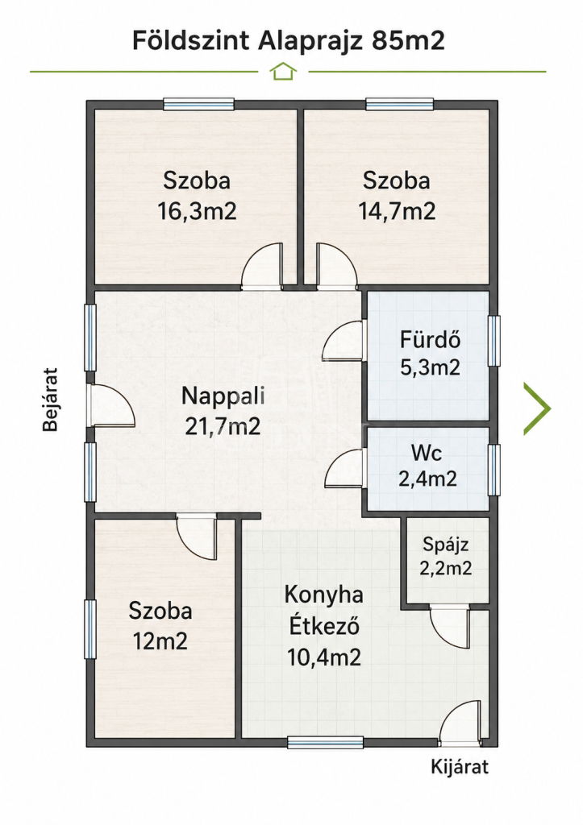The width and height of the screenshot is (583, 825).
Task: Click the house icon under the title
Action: coord(283,71)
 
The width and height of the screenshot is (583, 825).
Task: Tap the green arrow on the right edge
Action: coord(537,408)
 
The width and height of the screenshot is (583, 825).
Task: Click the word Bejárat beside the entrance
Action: coord(50,400)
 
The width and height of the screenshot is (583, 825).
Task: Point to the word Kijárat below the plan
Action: coord(460,767)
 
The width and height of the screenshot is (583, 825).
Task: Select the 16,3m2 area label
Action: coord(197,212)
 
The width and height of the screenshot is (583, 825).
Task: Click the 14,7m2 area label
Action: coord(397,212)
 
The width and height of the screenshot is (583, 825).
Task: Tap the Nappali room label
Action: coord(223,396)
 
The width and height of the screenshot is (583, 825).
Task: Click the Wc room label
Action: coord(427,453)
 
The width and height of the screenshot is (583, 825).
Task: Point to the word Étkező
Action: coord(324,626)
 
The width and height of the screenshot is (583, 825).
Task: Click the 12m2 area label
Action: coord(160,641)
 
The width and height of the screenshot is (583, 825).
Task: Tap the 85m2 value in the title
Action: coord(409,40)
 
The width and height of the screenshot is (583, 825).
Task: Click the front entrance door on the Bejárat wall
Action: coord(111,405)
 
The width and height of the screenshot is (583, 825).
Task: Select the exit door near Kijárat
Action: coord(460,723)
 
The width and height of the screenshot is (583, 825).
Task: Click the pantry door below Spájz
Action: coord(449,628)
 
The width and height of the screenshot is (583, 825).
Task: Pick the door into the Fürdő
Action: coord(344,341)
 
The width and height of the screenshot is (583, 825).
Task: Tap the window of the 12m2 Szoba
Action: coord(90,629)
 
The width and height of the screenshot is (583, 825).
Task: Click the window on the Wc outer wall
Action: coord(493,470)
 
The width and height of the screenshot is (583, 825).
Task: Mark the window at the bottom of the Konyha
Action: coord(326,742)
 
